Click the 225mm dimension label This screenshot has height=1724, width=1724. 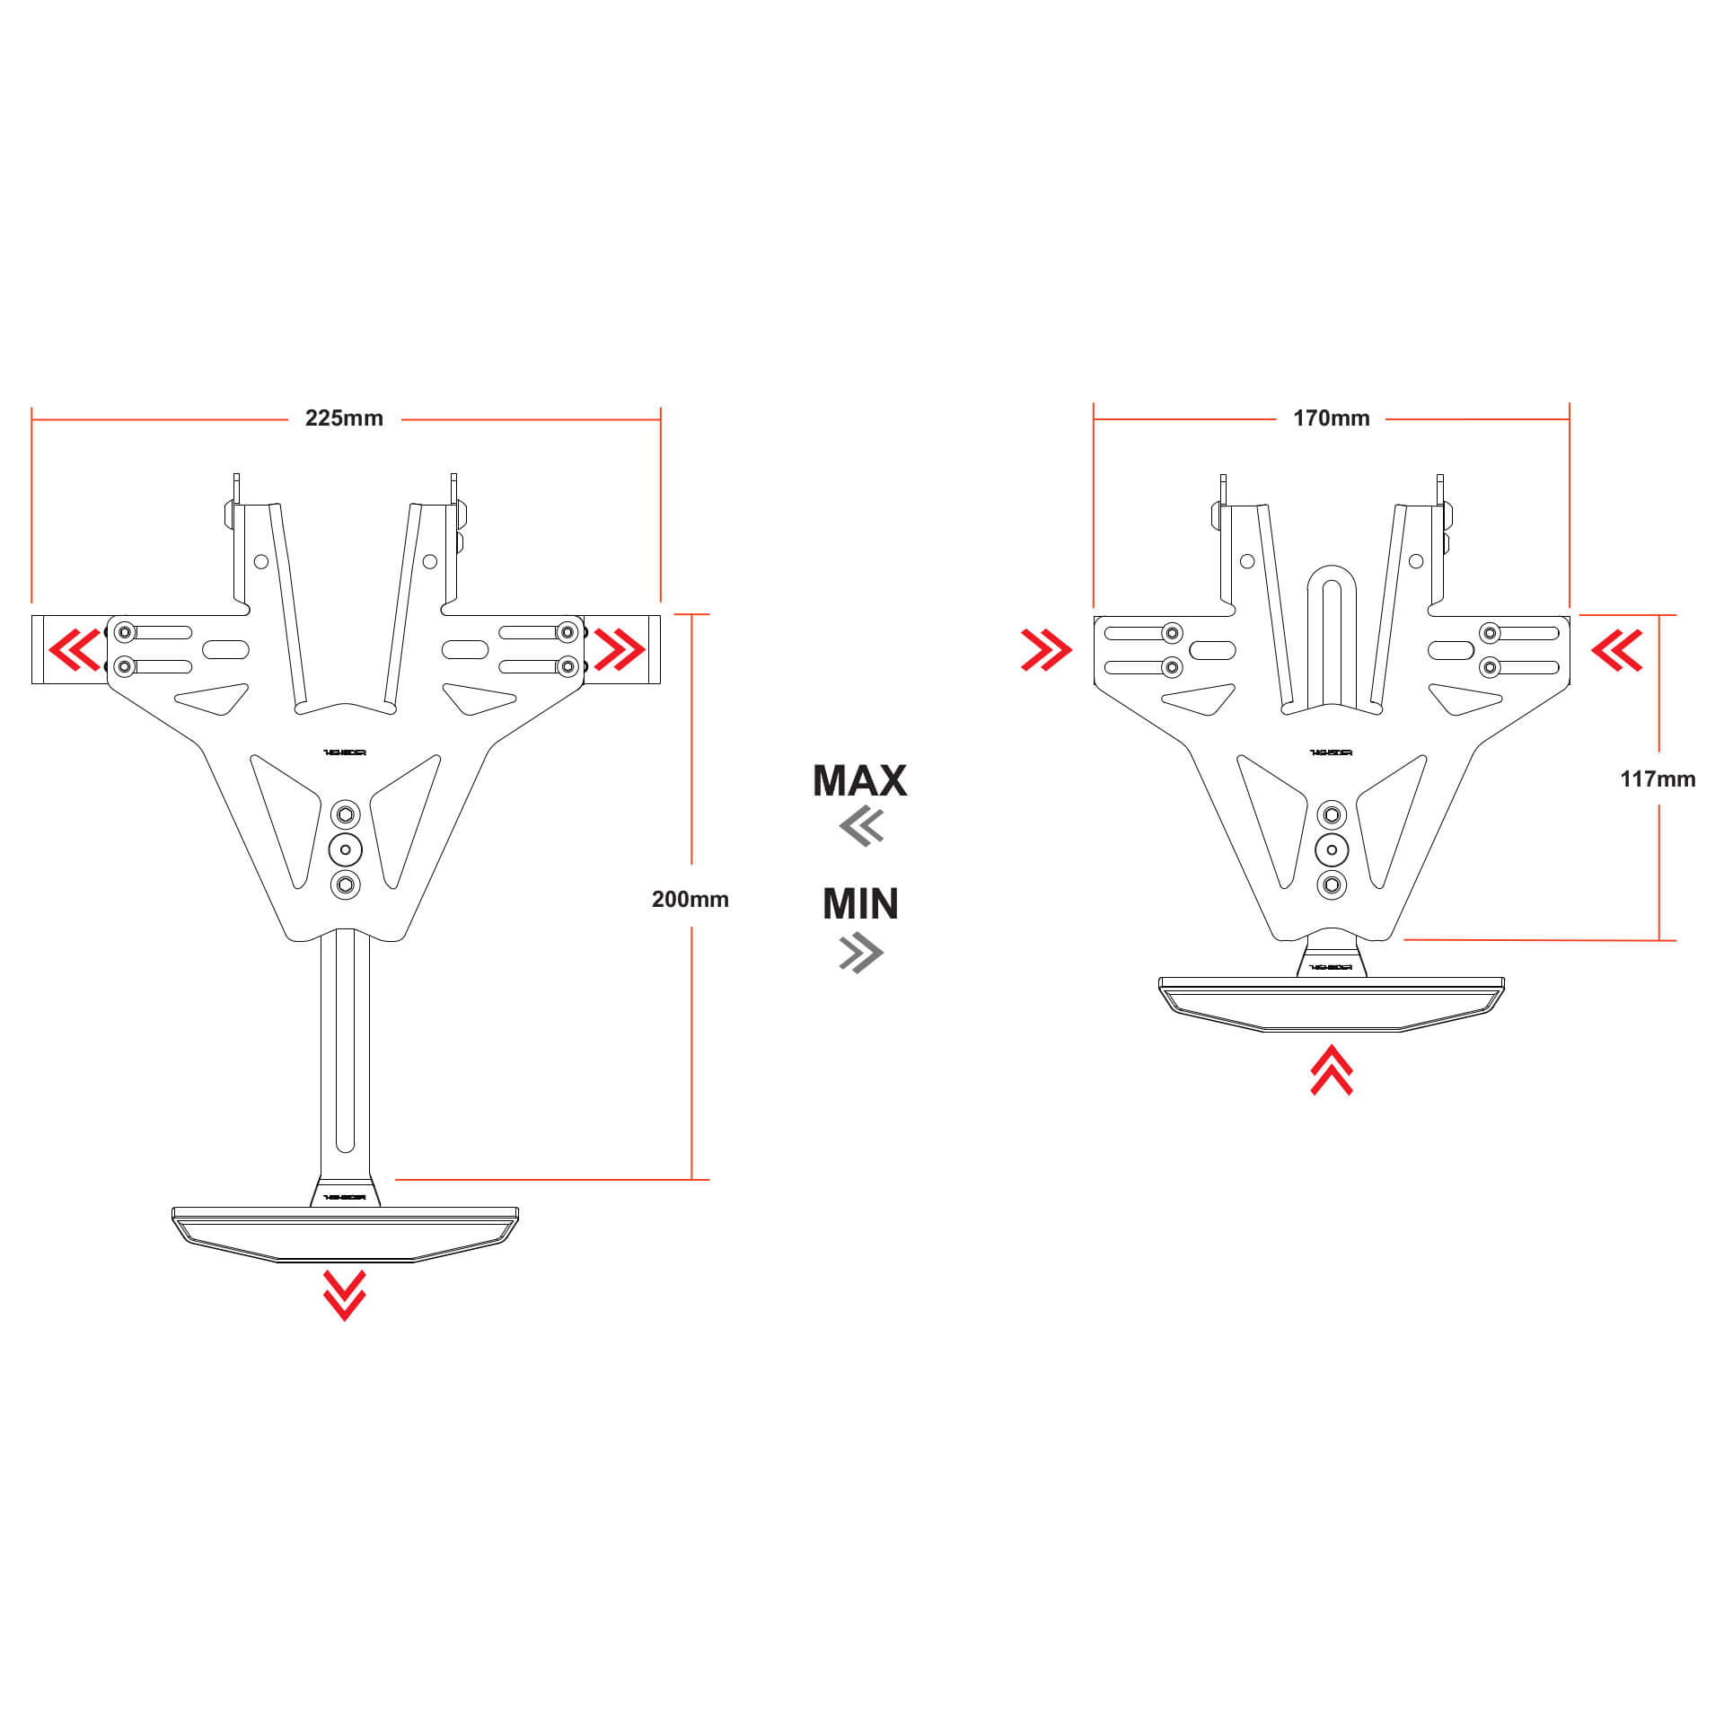point(344,418)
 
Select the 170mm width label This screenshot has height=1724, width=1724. point(1331,418)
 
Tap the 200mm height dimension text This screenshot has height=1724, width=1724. point(690,899)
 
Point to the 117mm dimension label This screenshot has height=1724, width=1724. point(1657,778)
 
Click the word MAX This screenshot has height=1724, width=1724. point(859,780)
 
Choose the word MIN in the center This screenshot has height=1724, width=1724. point(860,903)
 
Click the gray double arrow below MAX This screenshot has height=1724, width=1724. point(862,826)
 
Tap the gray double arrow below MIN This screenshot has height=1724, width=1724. point(861,953)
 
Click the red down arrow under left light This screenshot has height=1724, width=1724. point(345,1295)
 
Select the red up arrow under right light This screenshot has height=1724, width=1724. point(1331,1069)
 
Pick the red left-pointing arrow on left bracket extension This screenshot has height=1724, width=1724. point(75,650)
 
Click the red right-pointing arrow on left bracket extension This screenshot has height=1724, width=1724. point(619,650)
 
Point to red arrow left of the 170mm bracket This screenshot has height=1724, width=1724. point(1046,650)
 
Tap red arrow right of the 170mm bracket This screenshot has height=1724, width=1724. point(1617,650)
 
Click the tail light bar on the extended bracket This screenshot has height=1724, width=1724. point(345,1232)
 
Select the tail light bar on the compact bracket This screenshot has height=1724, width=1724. point(1331,1003)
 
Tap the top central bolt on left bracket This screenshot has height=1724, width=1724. point(346,815)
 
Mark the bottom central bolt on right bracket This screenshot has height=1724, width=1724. point(1332,884)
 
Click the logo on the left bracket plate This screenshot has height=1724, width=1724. point(345,752)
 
